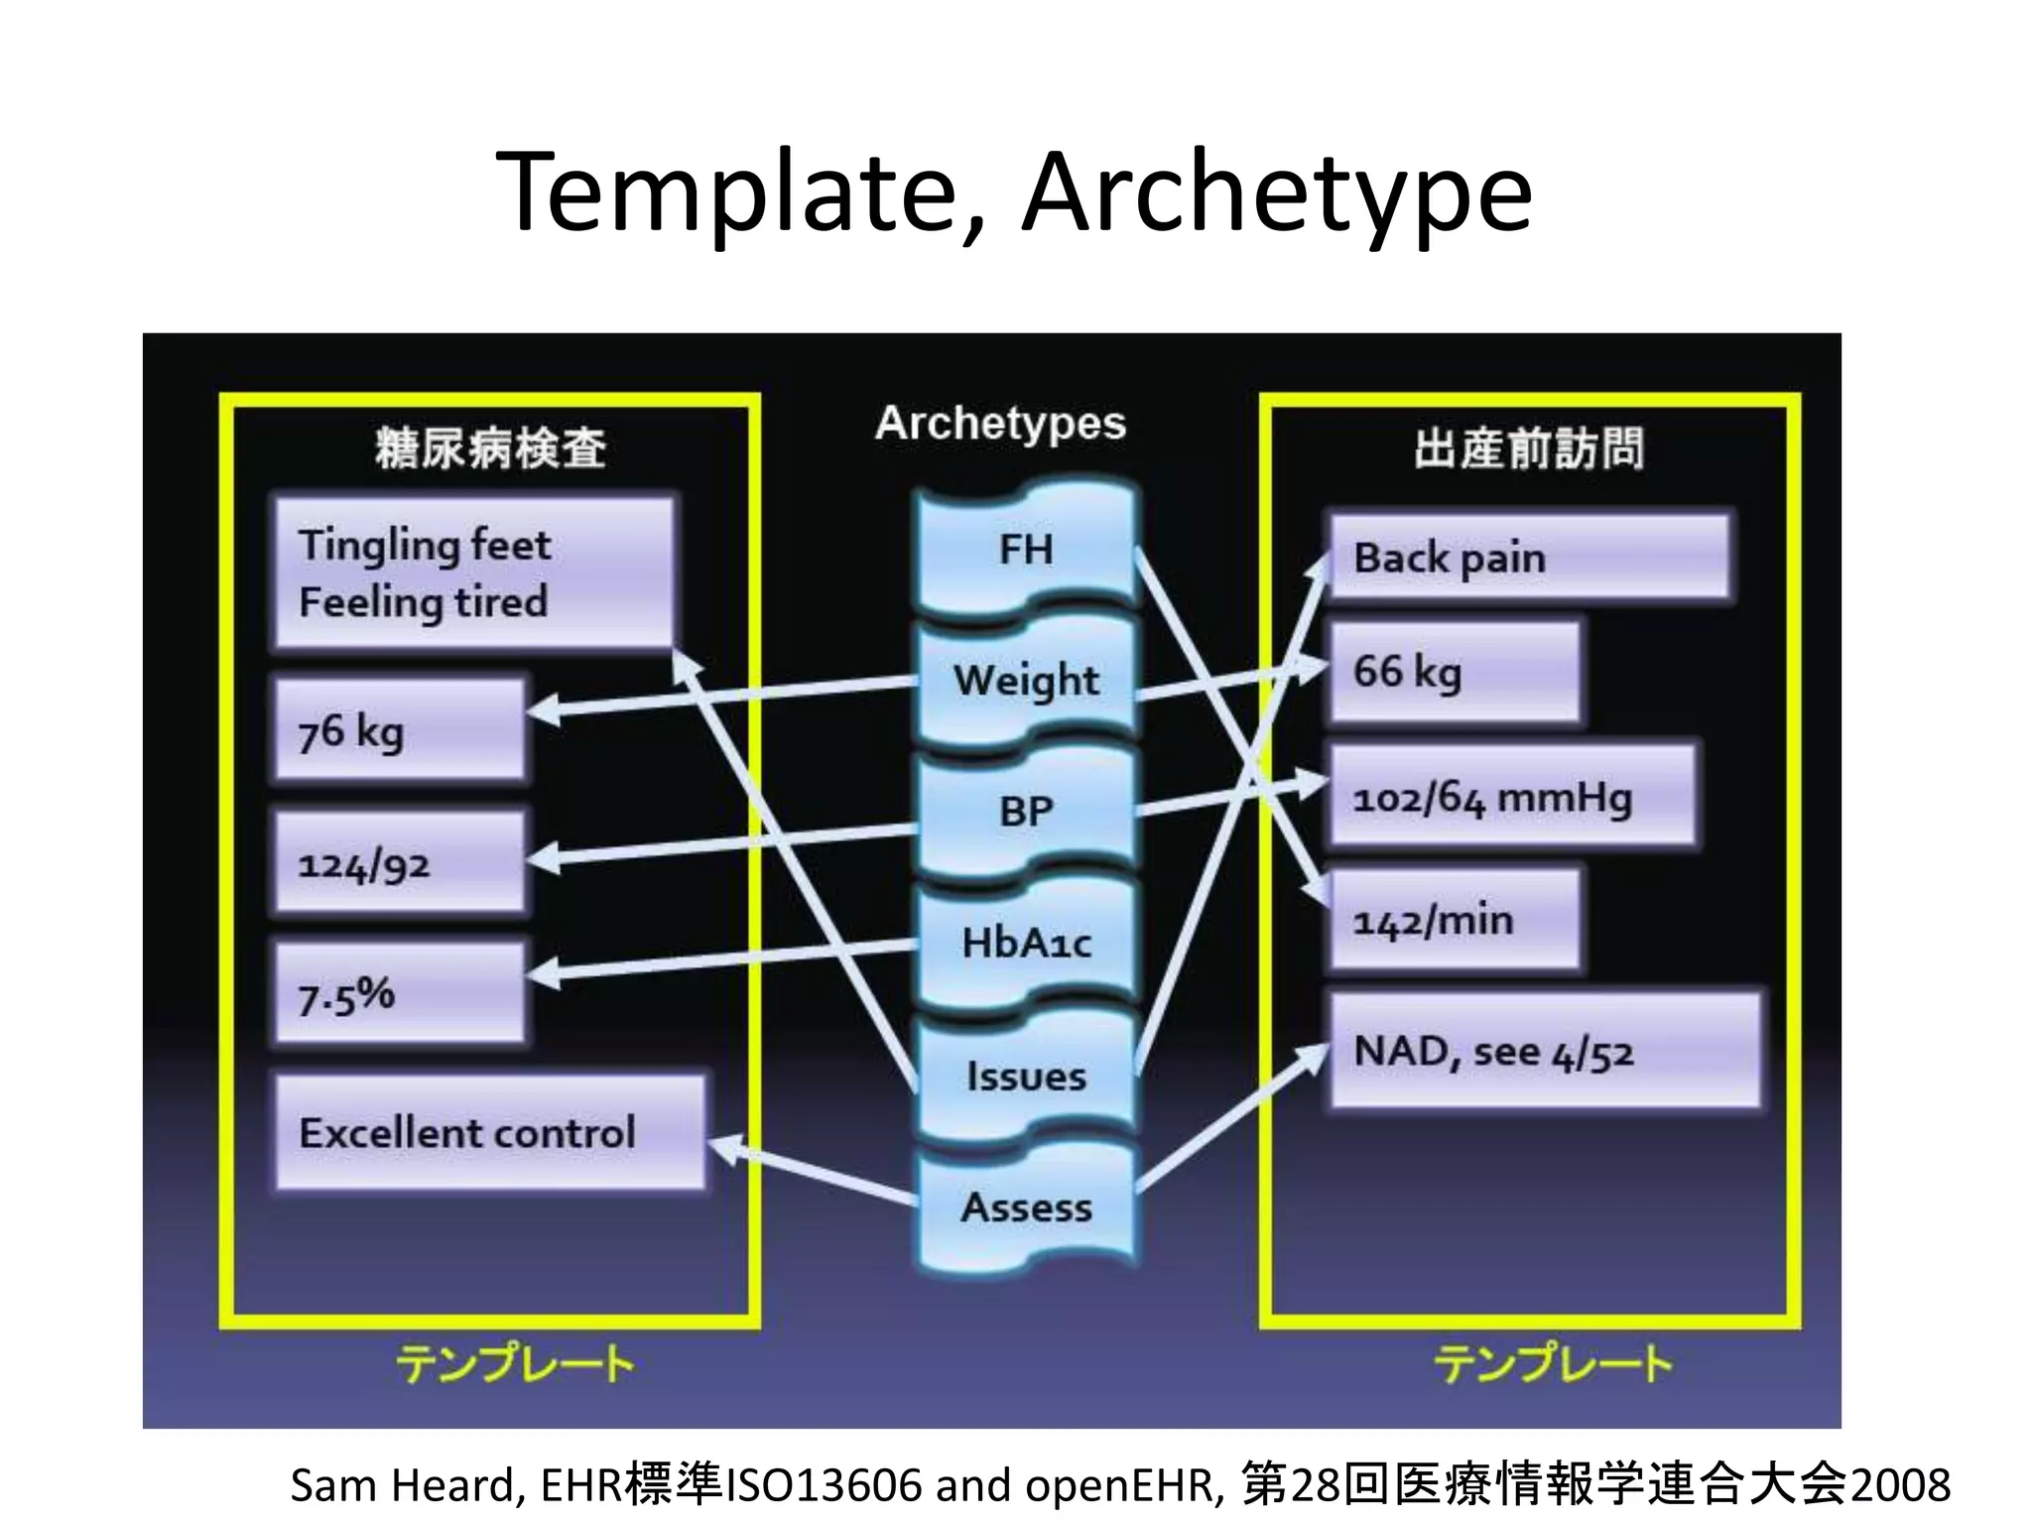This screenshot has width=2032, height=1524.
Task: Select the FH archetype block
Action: click(1027, 549)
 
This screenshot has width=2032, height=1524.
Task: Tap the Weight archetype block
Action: click(1027, 681)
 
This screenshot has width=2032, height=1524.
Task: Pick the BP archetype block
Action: click(1027, 812)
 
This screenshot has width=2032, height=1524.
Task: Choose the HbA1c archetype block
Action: click(1027, 943)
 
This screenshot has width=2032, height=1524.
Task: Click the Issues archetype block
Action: click(1027, 1077)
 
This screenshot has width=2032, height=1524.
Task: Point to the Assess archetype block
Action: click(1027, 1207)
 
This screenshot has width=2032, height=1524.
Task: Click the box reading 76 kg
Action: click(399, 731)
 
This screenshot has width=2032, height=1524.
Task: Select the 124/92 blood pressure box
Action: click(399, 863)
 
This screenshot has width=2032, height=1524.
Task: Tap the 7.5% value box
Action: click(399, 994)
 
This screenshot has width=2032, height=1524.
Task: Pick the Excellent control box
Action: click(490, 1132)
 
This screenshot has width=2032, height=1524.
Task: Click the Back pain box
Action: click(1529, 558)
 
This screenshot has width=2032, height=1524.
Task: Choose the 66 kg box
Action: click(1454, 672)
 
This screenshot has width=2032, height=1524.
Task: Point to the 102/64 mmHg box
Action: click(1511, 797)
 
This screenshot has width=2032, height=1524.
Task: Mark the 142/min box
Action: click(1454, 921)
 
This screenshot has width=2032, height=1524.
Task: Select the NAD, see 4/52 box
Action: click(1544, 1052)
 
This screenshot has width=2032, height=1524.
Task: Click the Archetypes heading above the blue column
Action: click(1000, 424)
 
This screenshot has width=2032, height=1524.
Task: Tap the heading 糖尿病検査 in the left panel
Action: click(490, 447)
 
